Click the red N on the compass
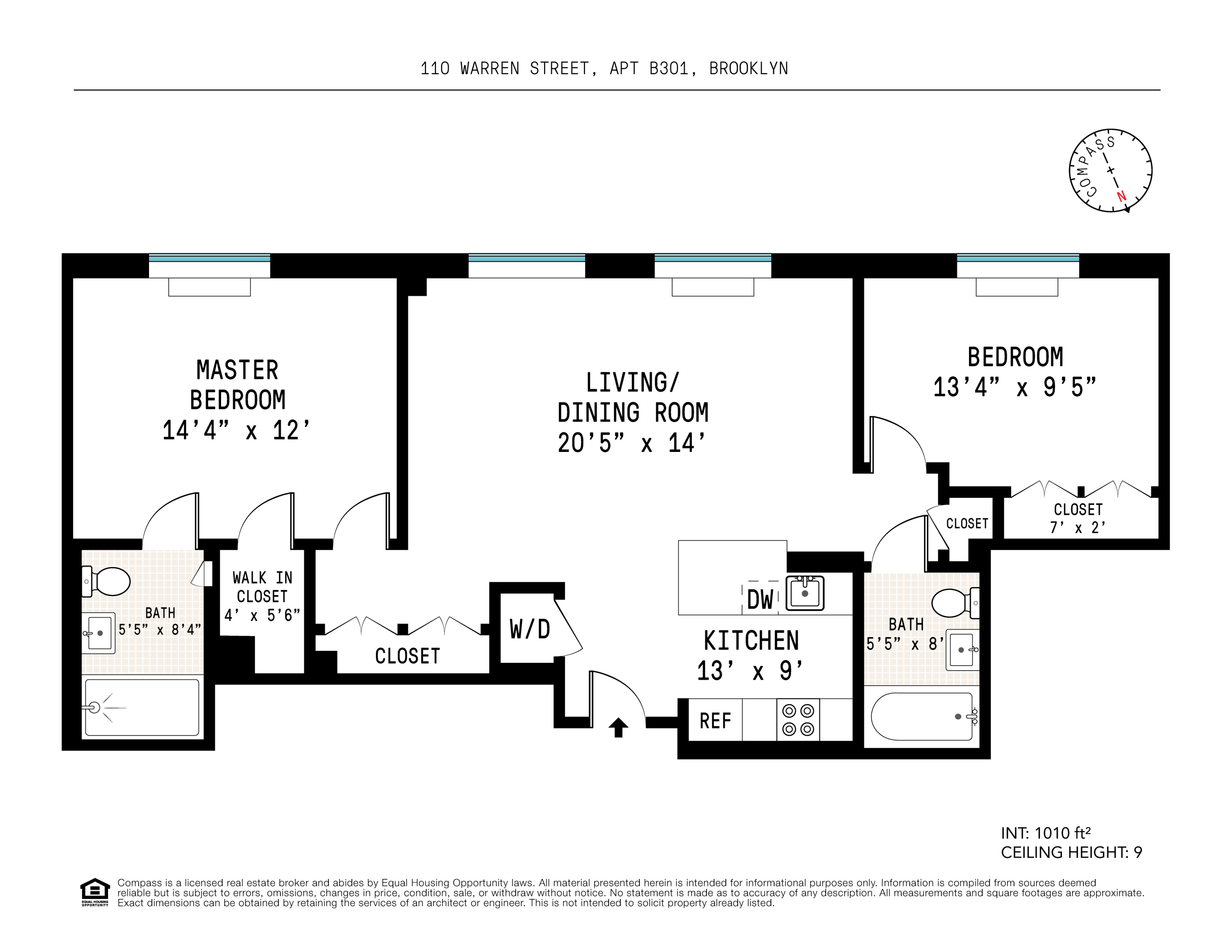tap(1121, 196)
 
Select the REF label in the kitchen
tap(715, 721)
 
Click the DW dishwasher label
tap(760, 600)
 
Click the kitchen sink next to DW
tap(805, 593)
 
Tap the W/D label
tap(529, 629)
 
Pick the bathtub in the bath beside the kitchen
tap(922, 716)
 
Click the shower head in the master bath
tap(94, 707)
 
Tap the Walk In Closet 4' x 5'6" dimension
tap(262, 615)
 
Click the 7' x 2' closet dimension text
tap(1077, 528)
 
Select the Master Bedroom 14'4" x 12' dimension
tap(236, 431)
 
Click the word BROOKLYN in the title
tap(748, 69)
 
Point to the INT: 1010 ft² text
tap(1045, 833)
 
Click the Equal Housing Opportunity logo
tap(95, 891)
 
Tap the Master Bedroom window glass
tap(209, 258)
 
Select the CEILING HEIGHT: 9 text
tap(1071, 852)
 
